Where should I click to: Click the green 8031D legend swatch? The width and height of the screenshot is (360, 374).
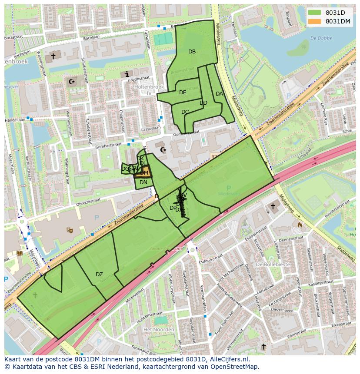[315, 13]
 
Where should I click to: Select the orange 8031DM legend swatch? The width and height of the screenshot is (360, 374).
[315, 21]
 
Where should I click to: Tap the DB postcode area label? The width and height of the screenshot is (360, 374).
[192, 52]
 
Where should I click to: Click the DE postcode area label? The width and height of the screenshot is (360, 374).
[183, 93]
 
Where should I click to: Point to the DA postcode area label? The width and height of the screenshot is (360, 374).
[219, 94]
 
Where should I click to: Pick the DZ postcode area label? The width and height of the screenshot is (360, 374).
[99, 275]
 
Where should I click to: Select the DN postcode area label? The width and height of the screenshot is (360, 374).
[143, 182]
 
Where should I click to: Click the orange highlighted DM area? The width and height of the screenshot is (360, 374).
[143, 172]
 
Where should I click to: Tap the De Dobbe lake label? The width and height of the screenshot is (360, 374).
[321, 38]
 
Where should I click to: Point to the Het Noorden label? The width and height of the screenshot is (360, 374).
[159, 330]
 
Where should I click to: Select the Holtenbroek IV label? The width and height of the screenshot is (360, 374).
[148, 90]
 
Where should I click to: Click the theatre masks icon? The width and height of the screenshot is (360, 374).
[69, 230]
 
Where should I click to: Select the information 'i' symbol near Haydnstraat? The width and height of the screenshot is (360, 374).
[127, 74]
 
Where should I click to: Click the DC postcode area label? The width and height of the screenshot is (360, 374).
[185, 112]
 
